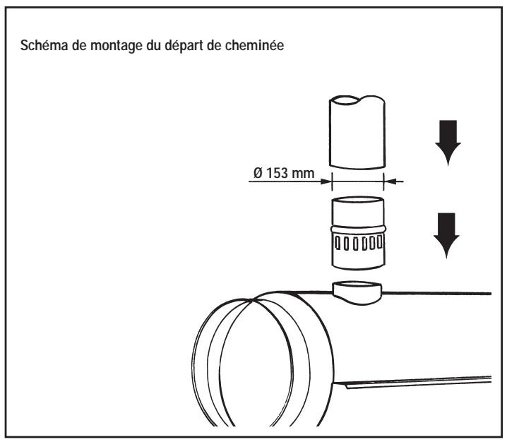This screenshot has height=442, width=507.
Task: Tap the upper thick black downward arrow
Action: pyautogui.click(x=446, y=141)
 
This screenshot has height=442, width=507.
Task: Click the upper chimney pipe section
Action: pyautogui.click(x=357, y=131)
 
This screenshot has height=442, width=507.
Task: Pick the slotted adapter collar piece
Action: pyautogui.click(x=357, y=233)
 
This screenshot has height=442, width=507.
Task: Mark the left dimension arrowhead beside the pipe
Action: pyautogui.click(x=326, y=181)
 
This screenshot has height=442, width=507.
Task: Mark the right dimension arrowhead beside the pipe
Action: pyautogui.click(x=389, y=181)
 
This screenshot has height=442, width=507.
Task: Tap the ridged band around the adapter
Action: pyautogui.click(x=357, y=227)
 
